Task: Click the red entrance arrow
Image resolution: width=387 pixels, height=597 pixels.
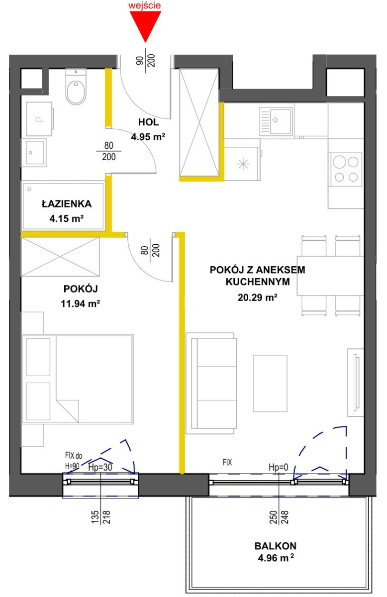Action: (x=145, y=25)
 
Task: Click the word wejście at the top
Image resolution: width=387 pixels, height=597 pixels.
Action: (x=145, y=5)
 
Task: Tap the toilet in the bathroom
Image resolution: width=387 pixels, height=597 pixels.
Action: (x=76, y=87)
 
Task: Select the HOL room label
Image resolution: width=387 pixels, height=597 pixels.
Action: (x=148, y=122)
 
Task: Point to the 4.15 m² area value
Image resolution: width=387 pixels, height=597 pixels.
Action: (x=67, y=218)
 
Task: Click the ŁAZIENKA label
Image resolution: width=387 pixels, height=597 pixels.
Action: (x=67, y=204)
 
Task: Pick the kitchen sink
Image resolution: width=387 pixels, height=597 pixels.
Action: (x=276, y=121)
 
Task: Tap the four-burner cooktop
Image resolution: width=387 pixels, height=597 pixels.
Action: (x=346, y=169)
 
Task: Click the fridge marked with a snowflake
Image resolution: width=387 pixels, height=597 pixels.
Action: (x=242, y=164)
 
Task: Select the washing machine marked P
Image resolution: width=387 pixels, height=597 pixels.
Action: (x=39, y=119)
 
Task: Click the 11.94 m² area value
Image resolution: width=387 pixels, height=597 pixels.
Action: (x=80, y=303)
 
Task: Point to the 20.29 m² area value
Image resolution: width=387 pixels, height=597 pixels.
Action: (x=258, y=297)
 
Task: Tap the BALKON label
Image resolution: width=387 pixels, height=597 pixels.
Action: (x=275, y=546)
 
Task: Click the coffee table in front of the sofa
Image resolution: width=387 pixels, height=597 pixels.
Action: (x=270, y=384)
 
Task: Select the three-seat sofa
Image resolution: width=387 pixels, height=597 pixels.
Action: (x=211, y=383)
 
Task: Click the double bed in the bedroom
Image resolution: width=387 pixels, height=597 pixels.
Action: (x=77, y=379)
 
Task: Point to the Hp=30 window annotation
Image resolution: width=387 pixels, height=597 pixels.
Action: (x=100, y=467)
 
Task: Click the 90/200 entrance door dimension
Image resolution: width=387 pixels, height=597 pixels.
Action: (x=146, y=61)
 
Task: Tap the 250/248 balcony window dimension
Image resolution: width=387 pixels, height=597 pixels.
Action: (x=279, y=517)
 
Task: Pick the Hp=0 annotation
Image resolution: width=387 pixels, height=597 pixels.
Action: (x=278, y=467)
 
